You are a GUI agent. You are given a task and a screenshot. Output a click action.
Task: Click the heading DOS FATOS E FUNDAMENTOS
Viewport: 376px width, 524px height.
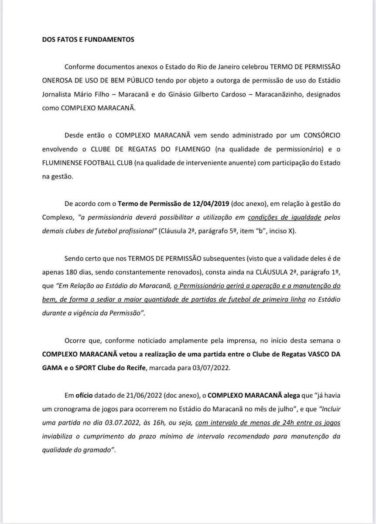point(88,39)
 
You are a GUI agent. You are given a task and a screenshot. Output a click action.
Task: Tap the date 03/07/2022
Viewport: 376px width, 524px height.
point(198,368)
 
